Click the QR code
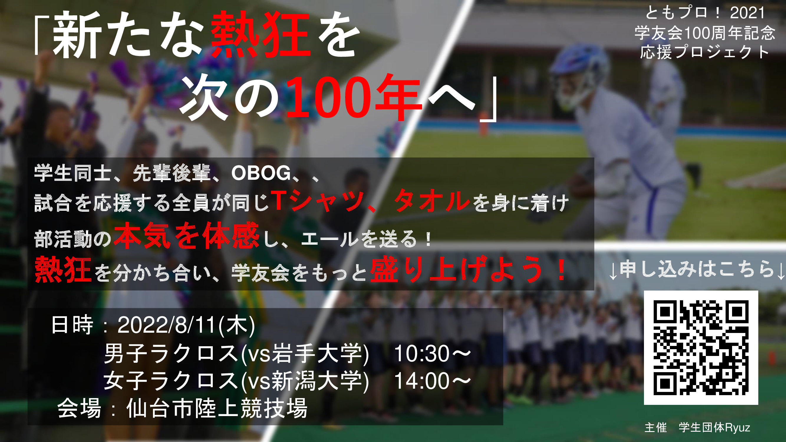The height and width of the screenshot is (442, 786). (701, 347)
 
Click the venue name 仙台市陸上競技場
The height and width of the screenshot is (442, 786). (217, 408)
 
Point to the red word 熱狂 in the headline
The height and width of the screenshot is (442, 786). (260, 34)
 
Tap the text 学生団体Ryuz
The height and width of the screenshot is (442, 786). (714, 427)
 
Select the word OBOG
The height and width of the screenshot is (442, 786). (261, 173)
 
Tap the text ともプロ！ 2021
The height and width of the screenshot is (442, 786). (705, 13)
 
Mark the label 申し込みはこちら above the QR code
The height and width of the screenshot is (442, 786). (697, 269)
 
